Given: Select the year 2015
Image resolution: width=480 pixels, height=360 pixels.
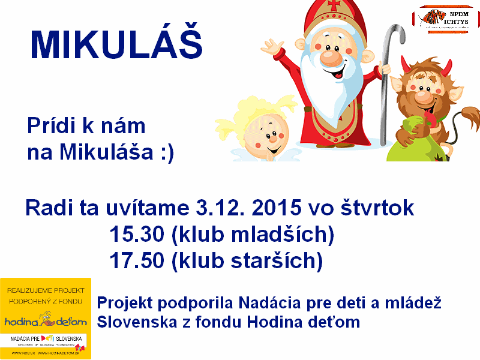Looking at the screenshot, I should click(277, 209).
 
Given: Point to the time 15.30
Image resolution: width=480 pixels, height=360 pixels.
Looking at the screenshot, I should click(137, 235).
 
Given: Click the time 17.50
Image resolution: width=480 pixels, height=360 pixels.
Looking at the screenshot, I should click(137, 260).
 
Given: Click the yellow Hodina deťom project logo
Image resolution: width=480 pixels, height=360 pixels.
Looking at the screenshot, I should click(46, 318).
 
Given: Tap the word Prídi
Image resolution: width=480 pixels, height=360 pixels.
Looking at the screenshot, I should click(50, 127).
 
